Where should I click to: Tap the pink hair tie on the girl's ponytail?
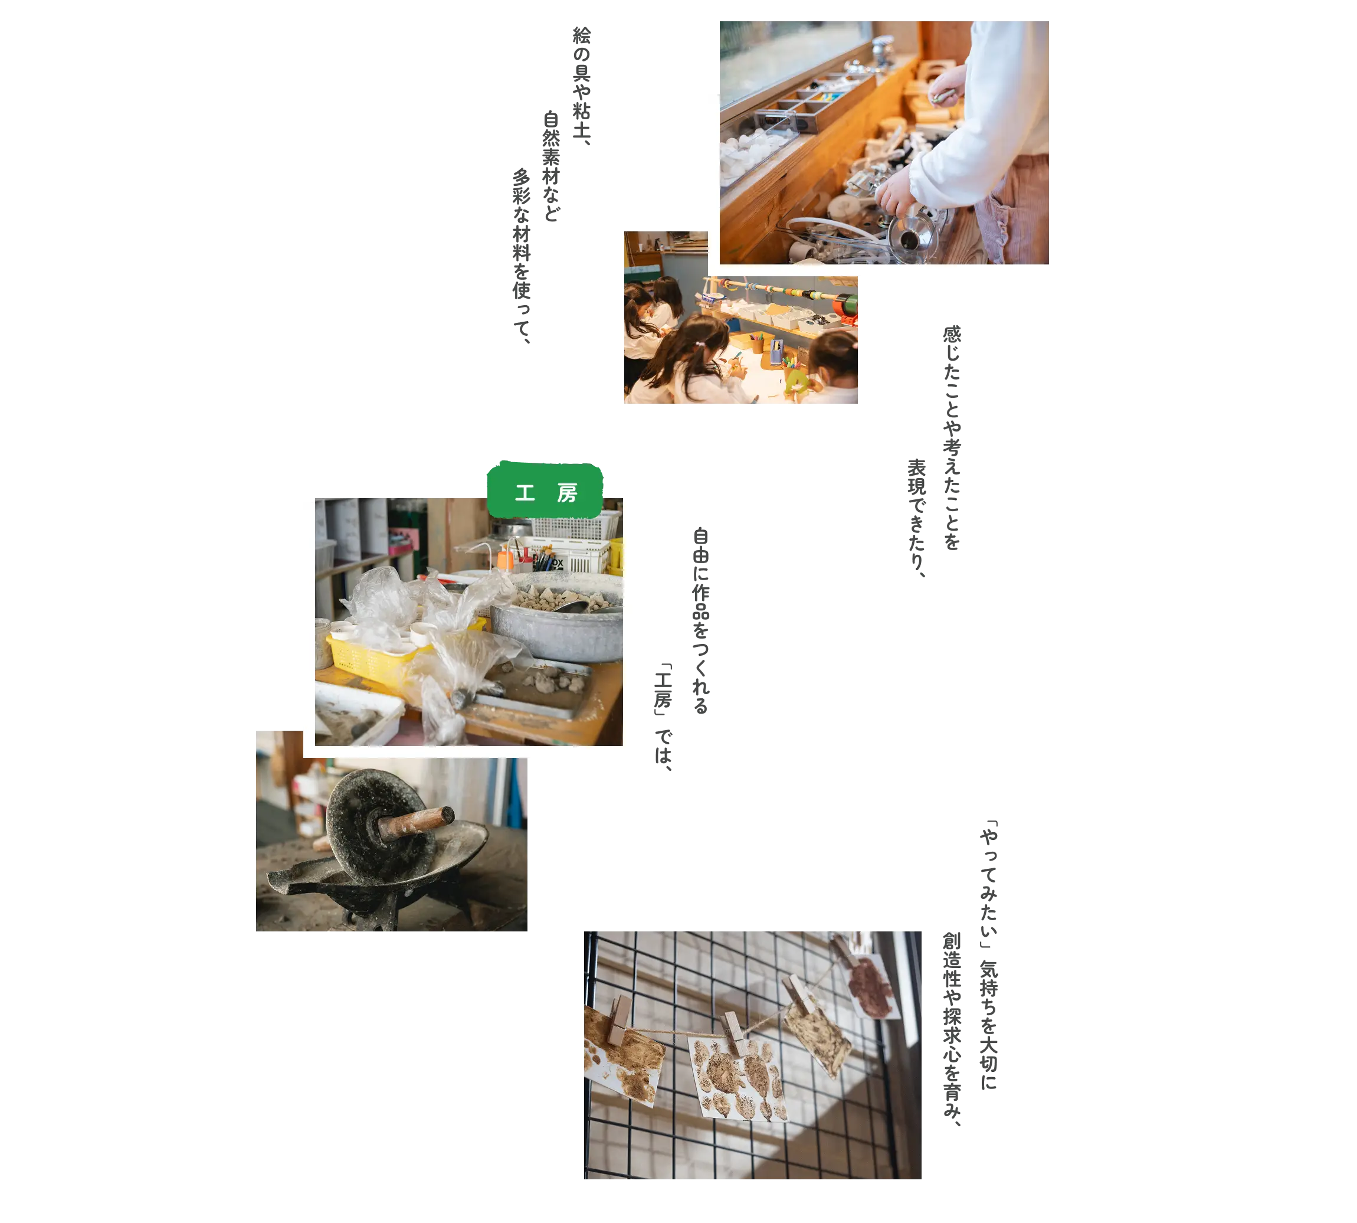pos(701,344)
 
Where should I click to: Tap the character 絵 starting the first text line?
pos(582,35)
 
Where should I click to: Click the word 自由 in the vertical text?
pos(701,545)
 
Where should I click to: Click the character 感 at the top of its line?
pos(952,334)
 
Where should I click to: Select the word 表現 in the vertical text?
pos(917,477)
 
